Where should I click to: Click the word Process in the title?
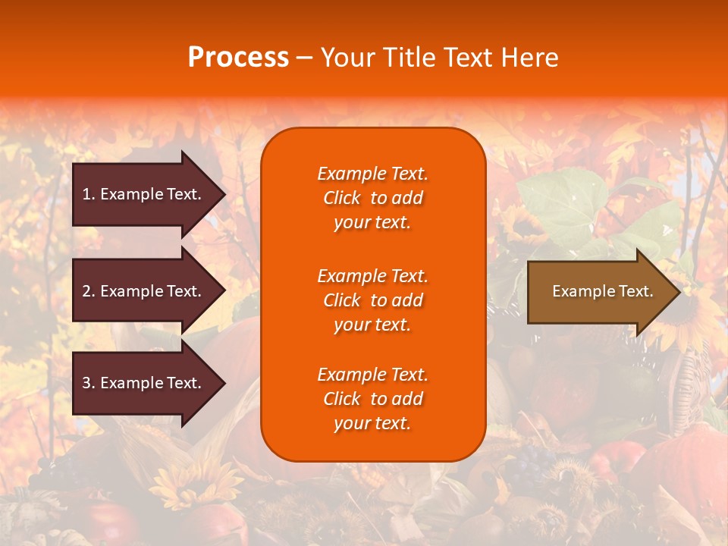tap(238, 58)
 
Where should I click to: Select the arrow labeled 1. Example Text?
tap(144, 194)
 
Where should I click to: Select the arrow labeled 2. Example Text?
tap(144, 291)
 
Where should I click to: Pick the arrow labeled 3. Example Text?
tap(144, 383)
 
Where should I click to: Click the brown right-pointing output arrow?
tap(599, 292)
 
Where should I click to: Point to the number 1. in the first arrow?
tap(89, 194)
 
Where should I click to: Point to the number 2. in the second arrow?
tap(89, 291)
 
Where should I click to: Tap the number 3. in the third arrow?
tap(89, 383)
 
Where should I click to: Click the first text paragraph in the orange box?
tap(372, 198)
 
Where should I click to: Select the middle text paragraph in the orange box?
tap(372, 300)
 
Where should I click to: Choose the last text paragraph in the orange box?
tap(372, 399)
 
